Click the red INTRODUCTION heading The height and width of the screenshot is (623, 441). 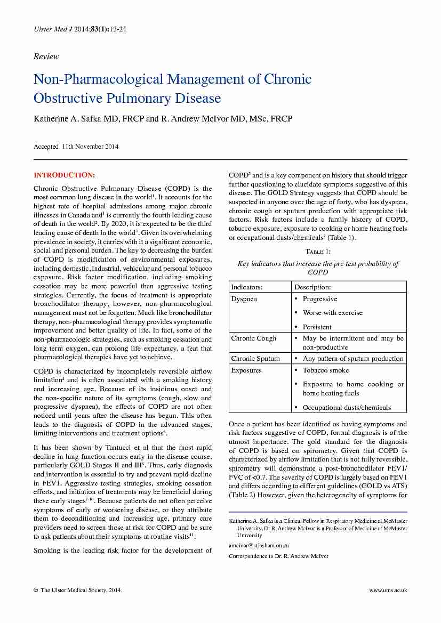[65, 175]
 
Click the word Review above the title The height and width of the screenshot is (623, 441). [46, 56]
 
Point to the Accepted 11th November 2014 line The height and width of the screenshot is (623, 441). [76, 147]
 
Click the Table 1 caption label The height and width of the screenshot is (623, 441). [318, 251]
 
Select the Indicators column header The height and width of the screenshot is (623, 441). [246, 287]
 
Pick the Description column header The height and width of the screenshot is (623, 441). [312, 287]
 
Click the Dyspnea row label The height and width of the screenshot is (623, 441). [244, 299]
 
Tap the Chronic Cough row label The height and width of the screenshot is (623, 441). [253, 338]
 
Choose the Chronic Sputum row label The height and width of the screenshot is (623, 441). [255, 359]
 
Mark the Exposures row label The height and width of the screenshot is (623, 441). [246, 370]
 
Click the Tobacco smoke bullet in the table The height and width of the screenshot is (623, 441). [326, 370]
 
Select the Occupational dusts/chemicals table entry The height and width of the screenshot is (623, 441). [347, 408]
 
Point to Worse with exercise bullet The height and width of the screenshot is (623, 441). [332, 313]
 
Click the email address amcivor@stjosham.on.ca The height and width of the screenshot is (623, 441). [259, 545]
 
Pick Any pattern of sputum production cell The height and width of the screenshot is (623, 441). [353, 359]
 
